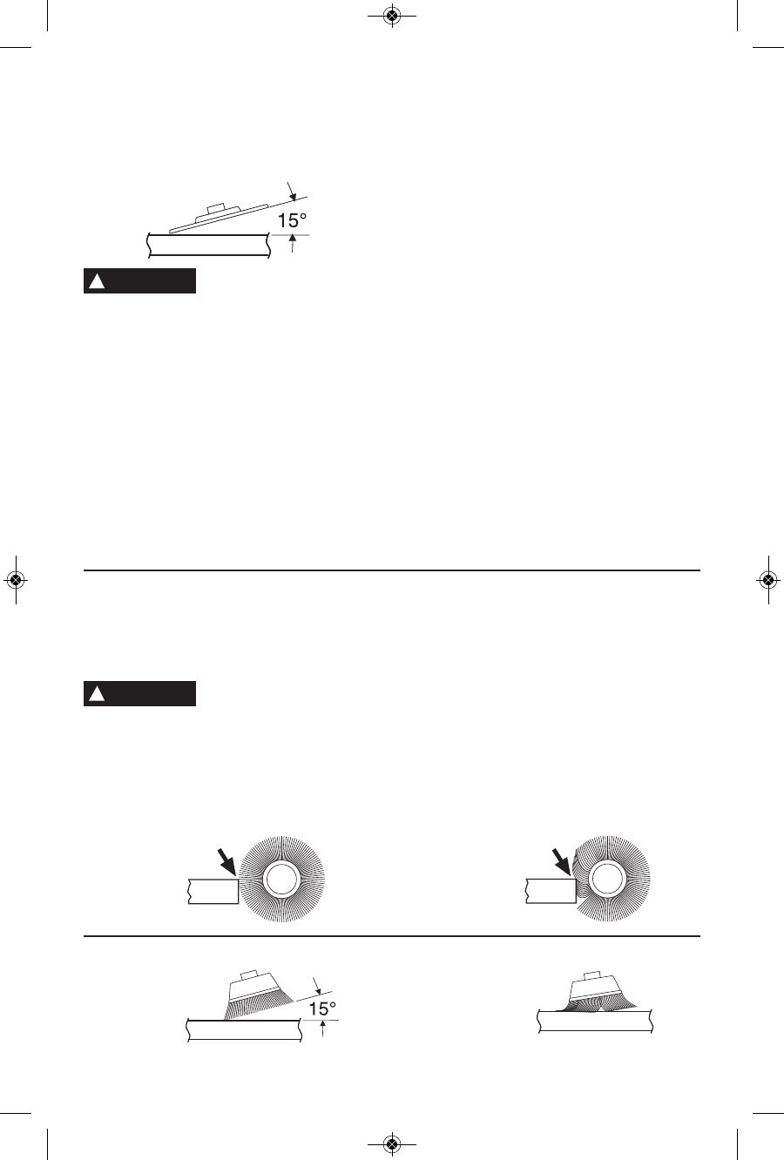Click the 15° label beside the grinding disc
[x=292, y=220]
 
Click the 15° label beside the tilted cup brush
[x=322, y=1008]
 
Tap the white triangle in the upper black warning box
[x=97, y=281]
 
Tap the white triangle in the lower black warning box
[x=97, y=694]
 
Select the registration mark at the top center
[x=392, y=17]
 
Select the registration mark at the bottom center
[x=392, y=1143]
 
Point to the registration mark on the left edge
[x=16, y=579]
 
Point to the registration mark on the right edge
[x=768, y=579]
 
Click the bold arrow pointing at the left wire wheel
[x=226, y=861]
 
